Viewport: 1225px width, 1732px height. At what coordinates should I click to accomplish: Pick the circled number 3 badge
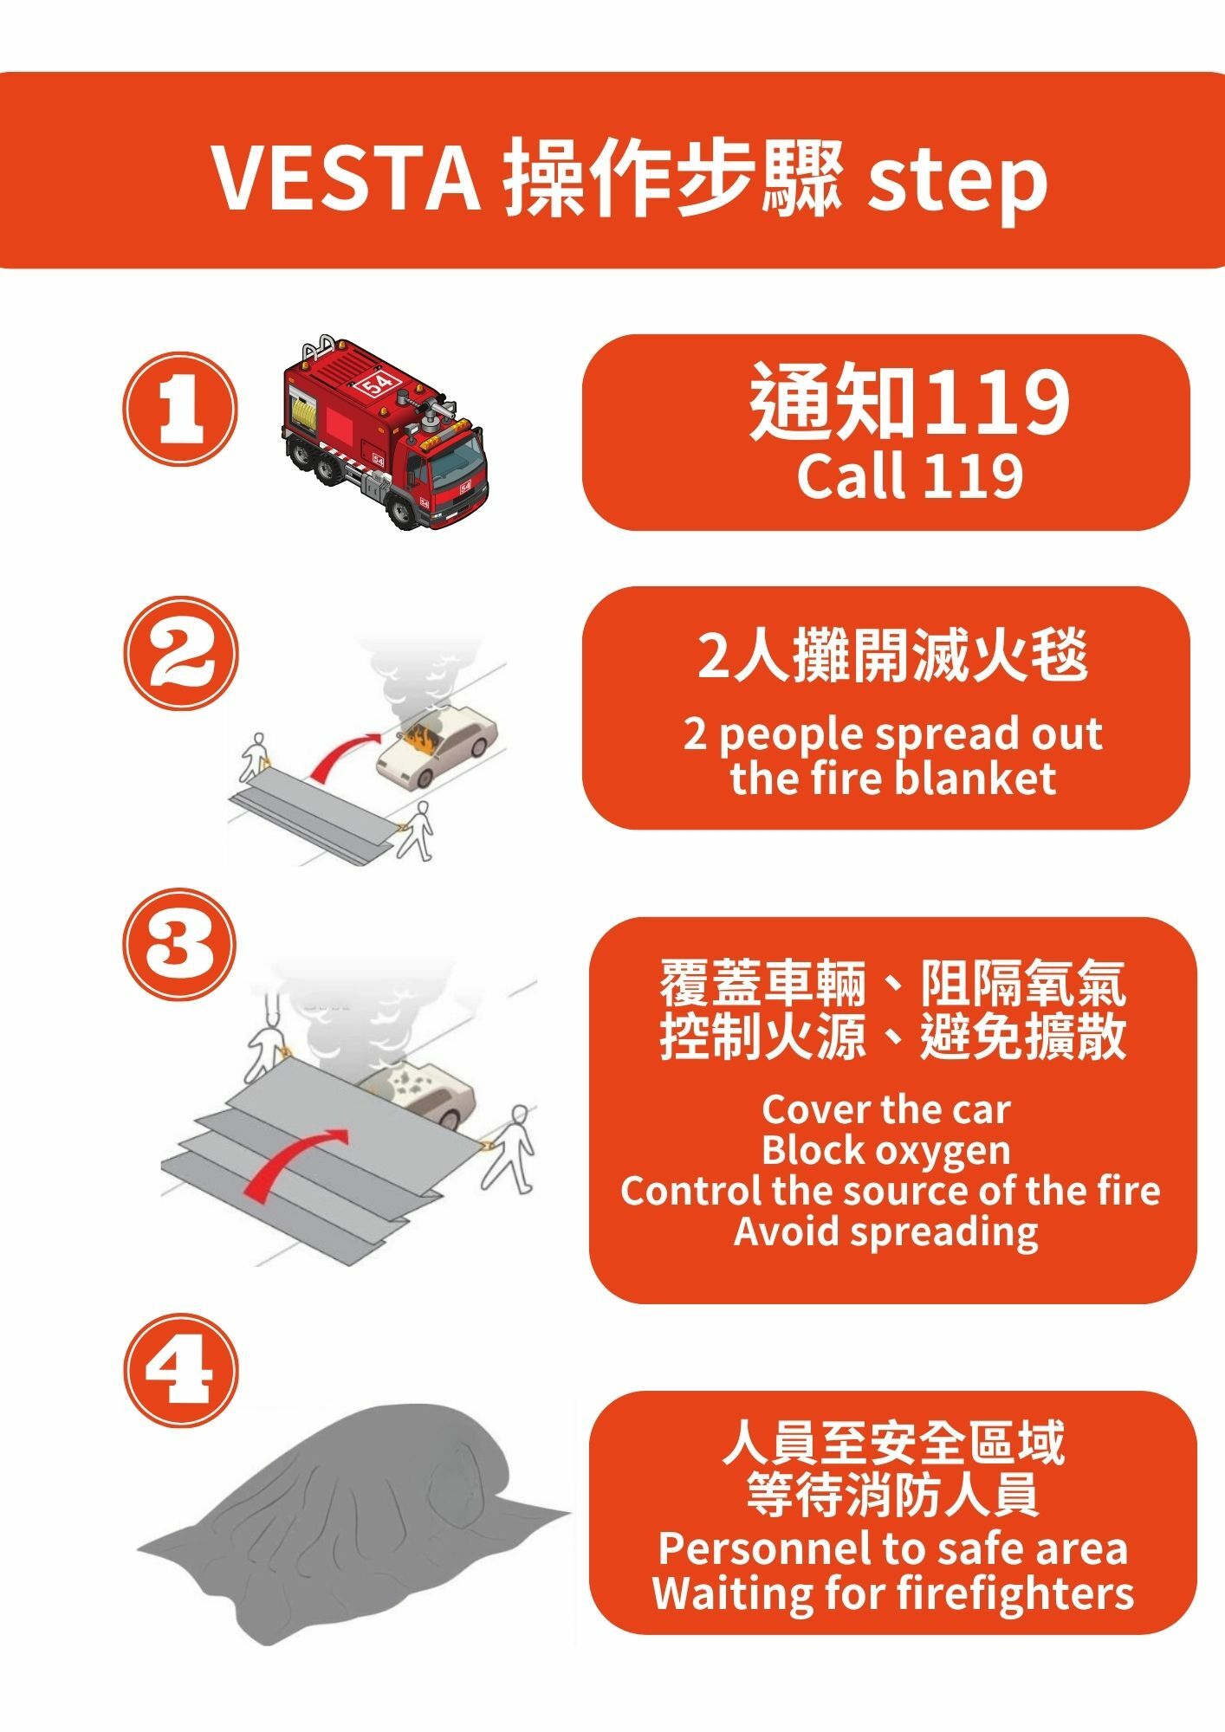180,943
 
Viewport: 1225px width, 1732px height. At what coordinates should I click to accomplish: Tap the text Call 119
910,475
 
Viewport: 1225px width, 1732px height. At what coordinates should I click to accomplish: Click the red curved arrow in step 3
290,1160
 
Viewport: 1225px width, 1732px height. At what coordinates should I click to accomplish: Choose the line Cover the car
886,1109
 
